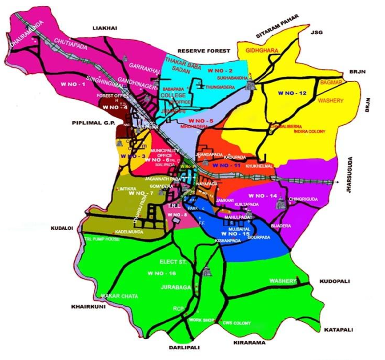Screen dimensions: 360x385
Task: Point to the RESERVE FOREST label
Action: pos(203,51)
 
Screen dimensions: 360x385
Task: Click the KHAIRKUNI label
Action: pos(87,307)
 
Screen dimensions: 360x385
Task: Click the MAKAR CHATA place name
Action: pos(119,296)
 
